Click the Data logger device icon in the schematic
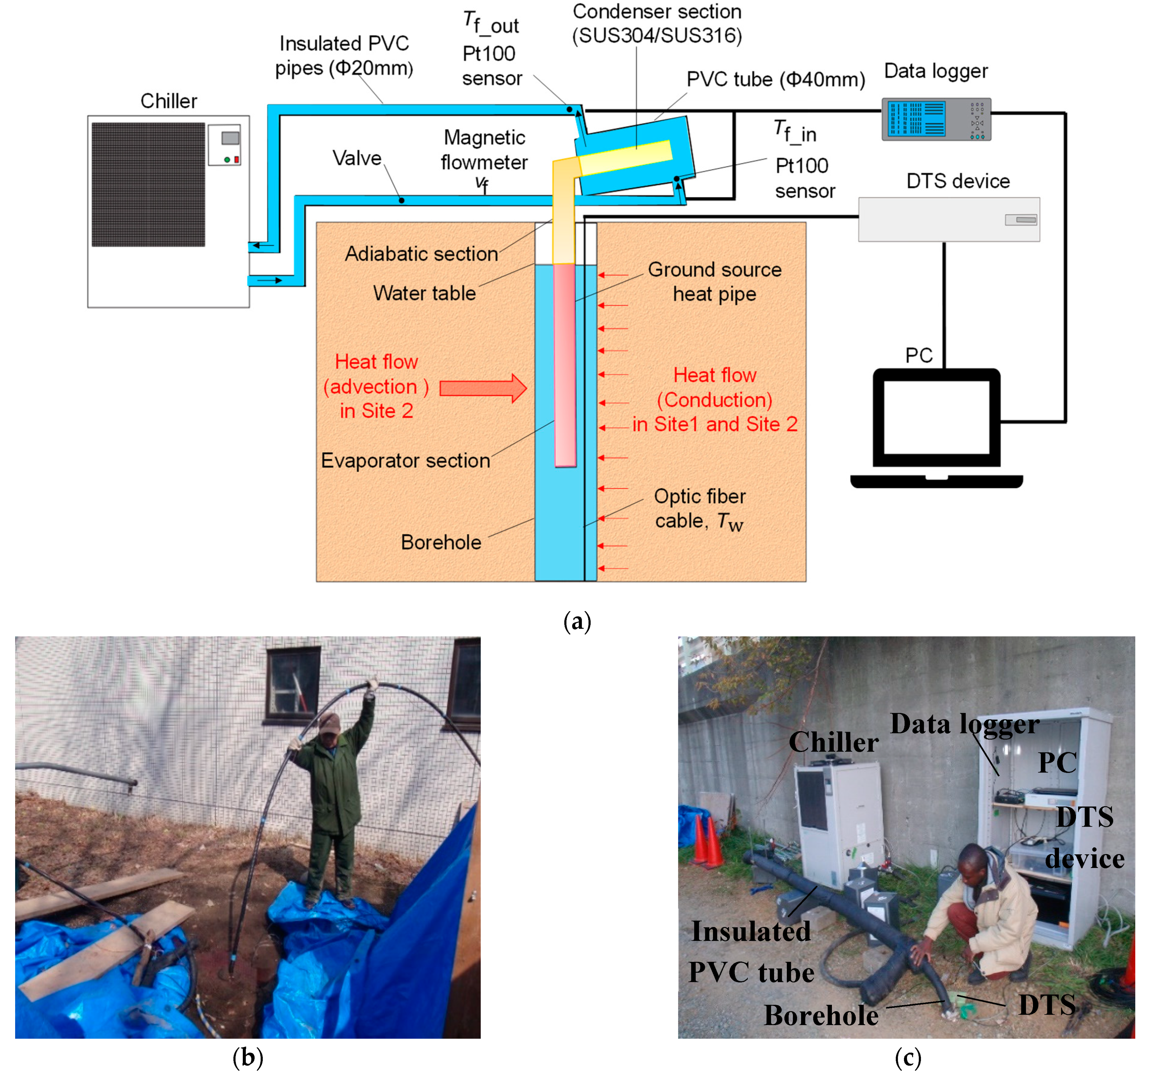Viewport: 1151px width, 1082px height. tap(936, 119)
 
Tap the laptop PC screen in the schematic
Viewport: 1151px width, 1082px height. tap(936, 416)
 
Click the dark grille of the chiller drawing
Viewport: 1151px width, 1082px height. tap(148, 184)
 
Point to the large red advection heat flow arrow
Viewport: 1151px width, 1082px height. tap(482, 388)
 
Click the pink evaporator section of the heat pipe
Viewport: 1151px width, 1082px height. tap(564, 365)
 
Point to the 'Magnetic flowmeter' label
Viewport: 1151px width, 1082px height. tap(484, 150)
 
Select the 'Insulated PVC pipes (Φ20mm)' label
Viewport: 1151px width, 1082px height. tap(344, 56)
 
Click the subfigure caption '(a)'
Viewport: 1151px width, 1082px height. tap(577, 622)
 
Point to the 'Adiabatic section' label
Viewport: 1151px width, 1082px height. tap(421, 254)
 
